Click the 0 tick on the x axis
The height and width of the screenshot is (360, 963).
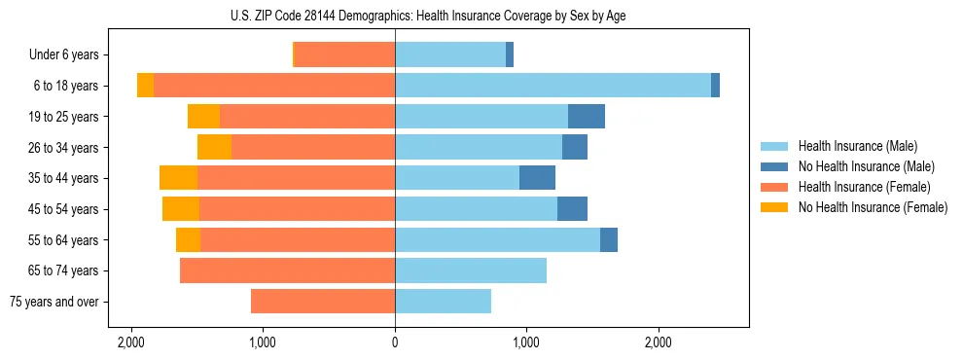(x=395, y=342)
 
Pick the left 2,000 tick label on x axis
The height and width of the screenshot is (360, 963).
(x=131, y=342)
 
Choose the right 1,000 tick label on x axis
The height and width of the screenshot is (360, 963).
(x=526, y=342)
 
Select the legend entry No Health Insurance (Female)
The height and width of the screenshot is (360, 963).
(x=873, y=207)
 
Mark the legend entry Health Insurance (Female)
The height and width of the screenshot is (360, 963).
(x=865, y=187)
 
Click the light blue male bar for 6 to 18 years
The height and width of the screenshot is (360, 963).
(x=553, y=86)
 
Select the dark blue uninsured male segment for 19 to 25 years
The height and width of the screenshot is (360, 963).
(x=587, y=117)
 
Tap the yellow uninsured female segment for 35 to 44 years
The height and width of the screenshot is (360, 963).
(x=179, y=178)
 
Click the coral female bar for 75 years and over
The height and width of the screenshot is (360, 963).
(x=323, y=302)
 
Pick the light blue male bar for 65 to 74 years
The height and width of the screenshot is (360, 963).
(x=471, y=270)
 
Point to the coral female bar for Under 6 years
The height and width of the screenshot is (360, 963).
(x=344, y=55)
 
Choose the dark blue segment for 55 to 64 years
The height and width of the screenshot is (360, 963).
(x=609, y=239)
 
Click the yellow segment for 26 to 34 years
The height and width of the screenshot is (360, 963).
(x=215, y=147)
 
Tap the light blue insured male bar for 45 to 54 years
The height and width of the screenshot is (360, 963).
(x=476, y=209)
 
